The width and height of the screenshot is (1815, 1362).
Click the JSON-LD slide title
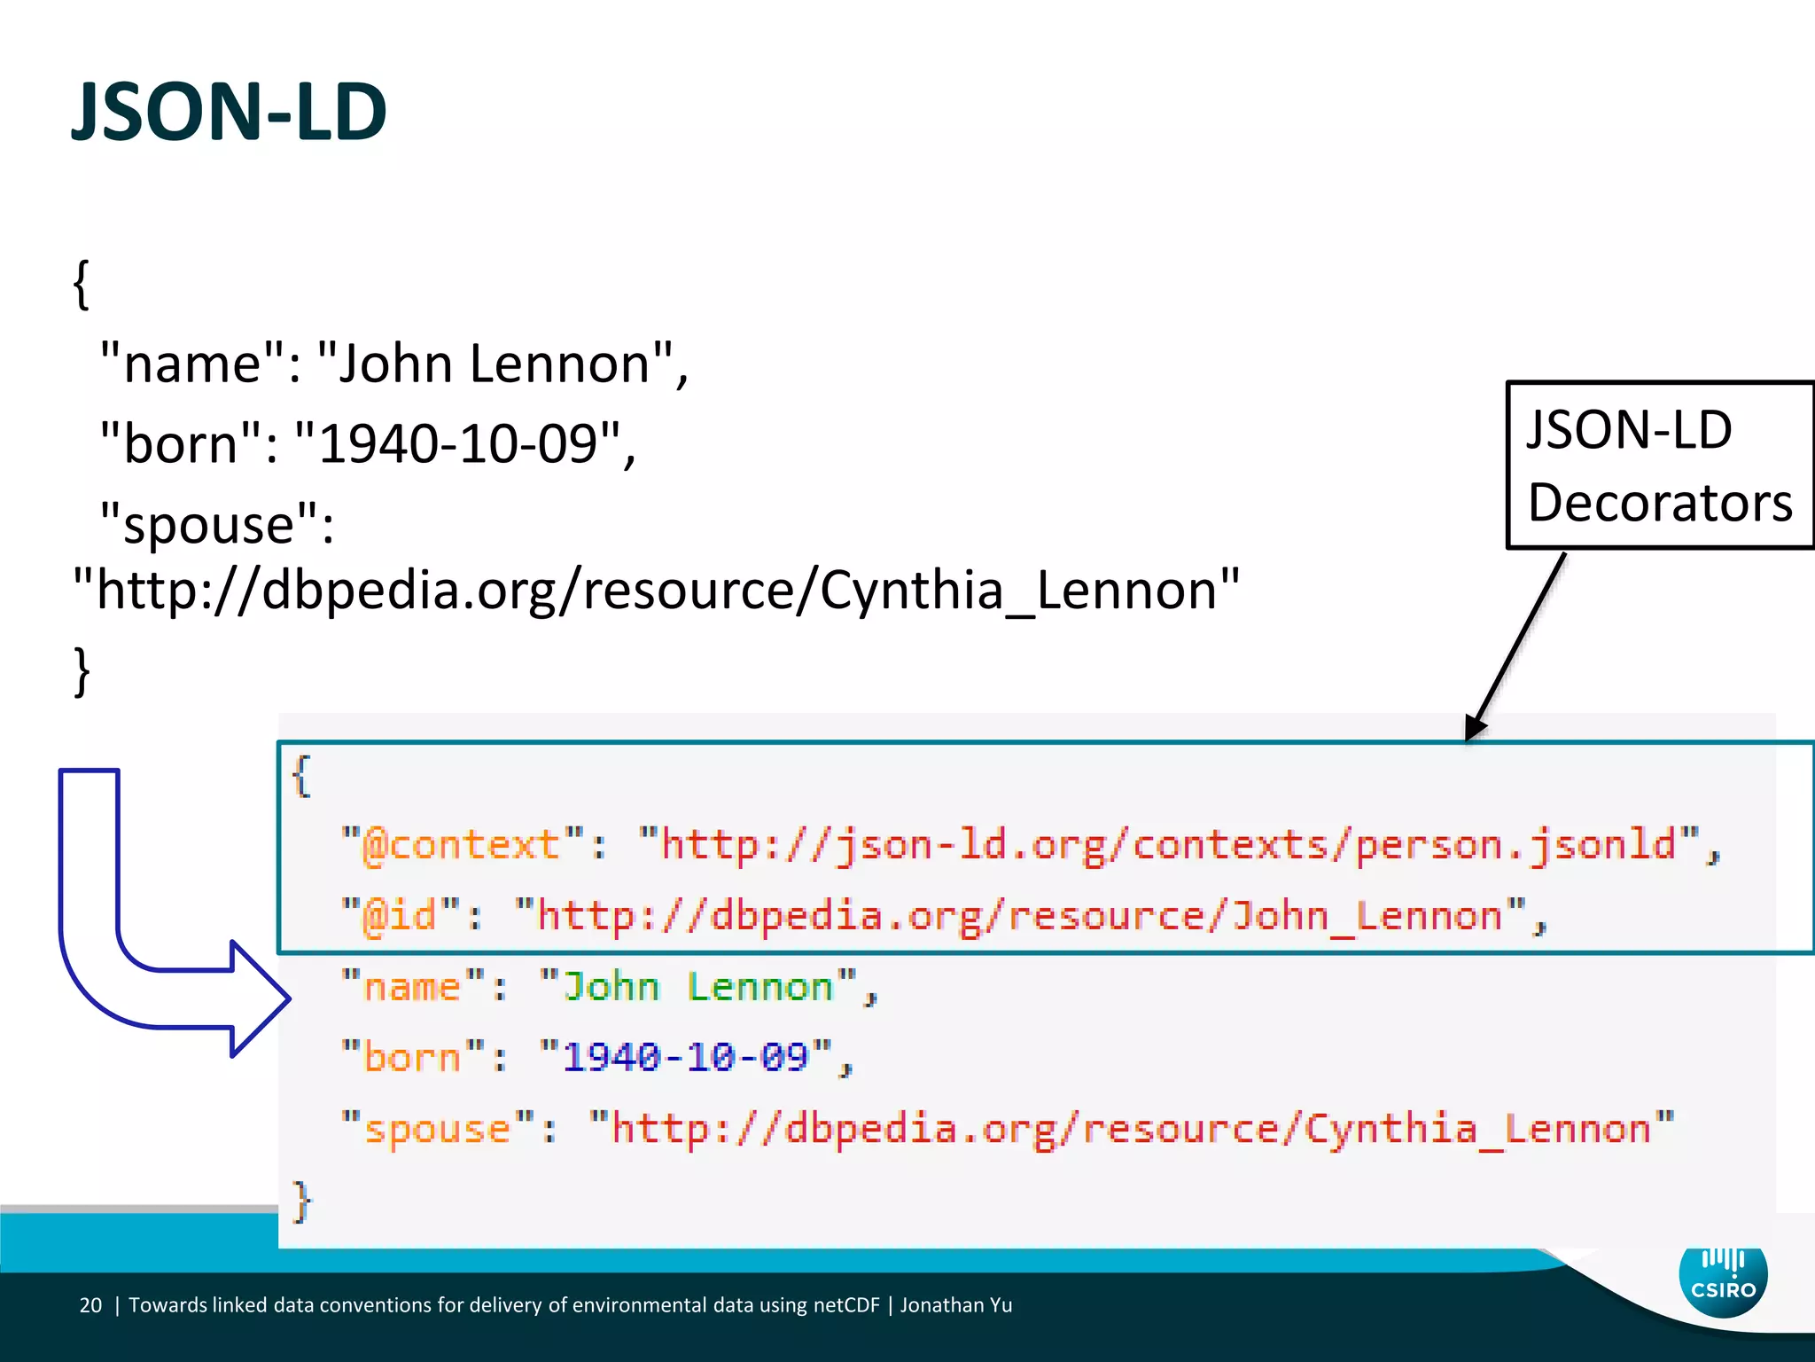tap(229, 113)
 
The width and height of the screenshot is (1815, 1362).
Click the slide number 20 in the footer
tap(90, 1305)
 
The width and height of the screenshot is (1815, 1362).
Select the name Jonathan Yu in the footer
tap(955, 1305)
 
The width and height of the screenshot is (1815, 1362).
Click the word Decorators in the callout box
tap(1659, 503)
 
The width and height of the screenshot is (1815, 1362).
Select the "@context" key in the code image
tap(462, 845)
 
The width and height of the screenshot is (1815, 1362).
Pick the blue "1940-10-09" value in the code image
tap(685, 1057)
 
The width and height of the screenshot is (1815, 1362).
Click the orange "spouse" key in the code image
tap(438, 1129)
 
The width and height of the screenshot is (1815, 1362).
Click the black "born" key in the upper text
tap(180, 442)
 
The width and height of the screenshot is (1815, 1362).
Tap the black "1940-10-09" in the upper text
tap(457, 442)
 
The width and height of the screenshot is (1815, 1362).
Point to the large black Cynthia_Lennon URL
tap(656, 590)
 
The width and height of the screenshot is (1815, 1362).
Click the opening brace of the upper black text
tap(82, 286)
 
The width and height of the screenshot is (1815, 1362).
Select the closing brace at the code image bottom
tap(302, 1202)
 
